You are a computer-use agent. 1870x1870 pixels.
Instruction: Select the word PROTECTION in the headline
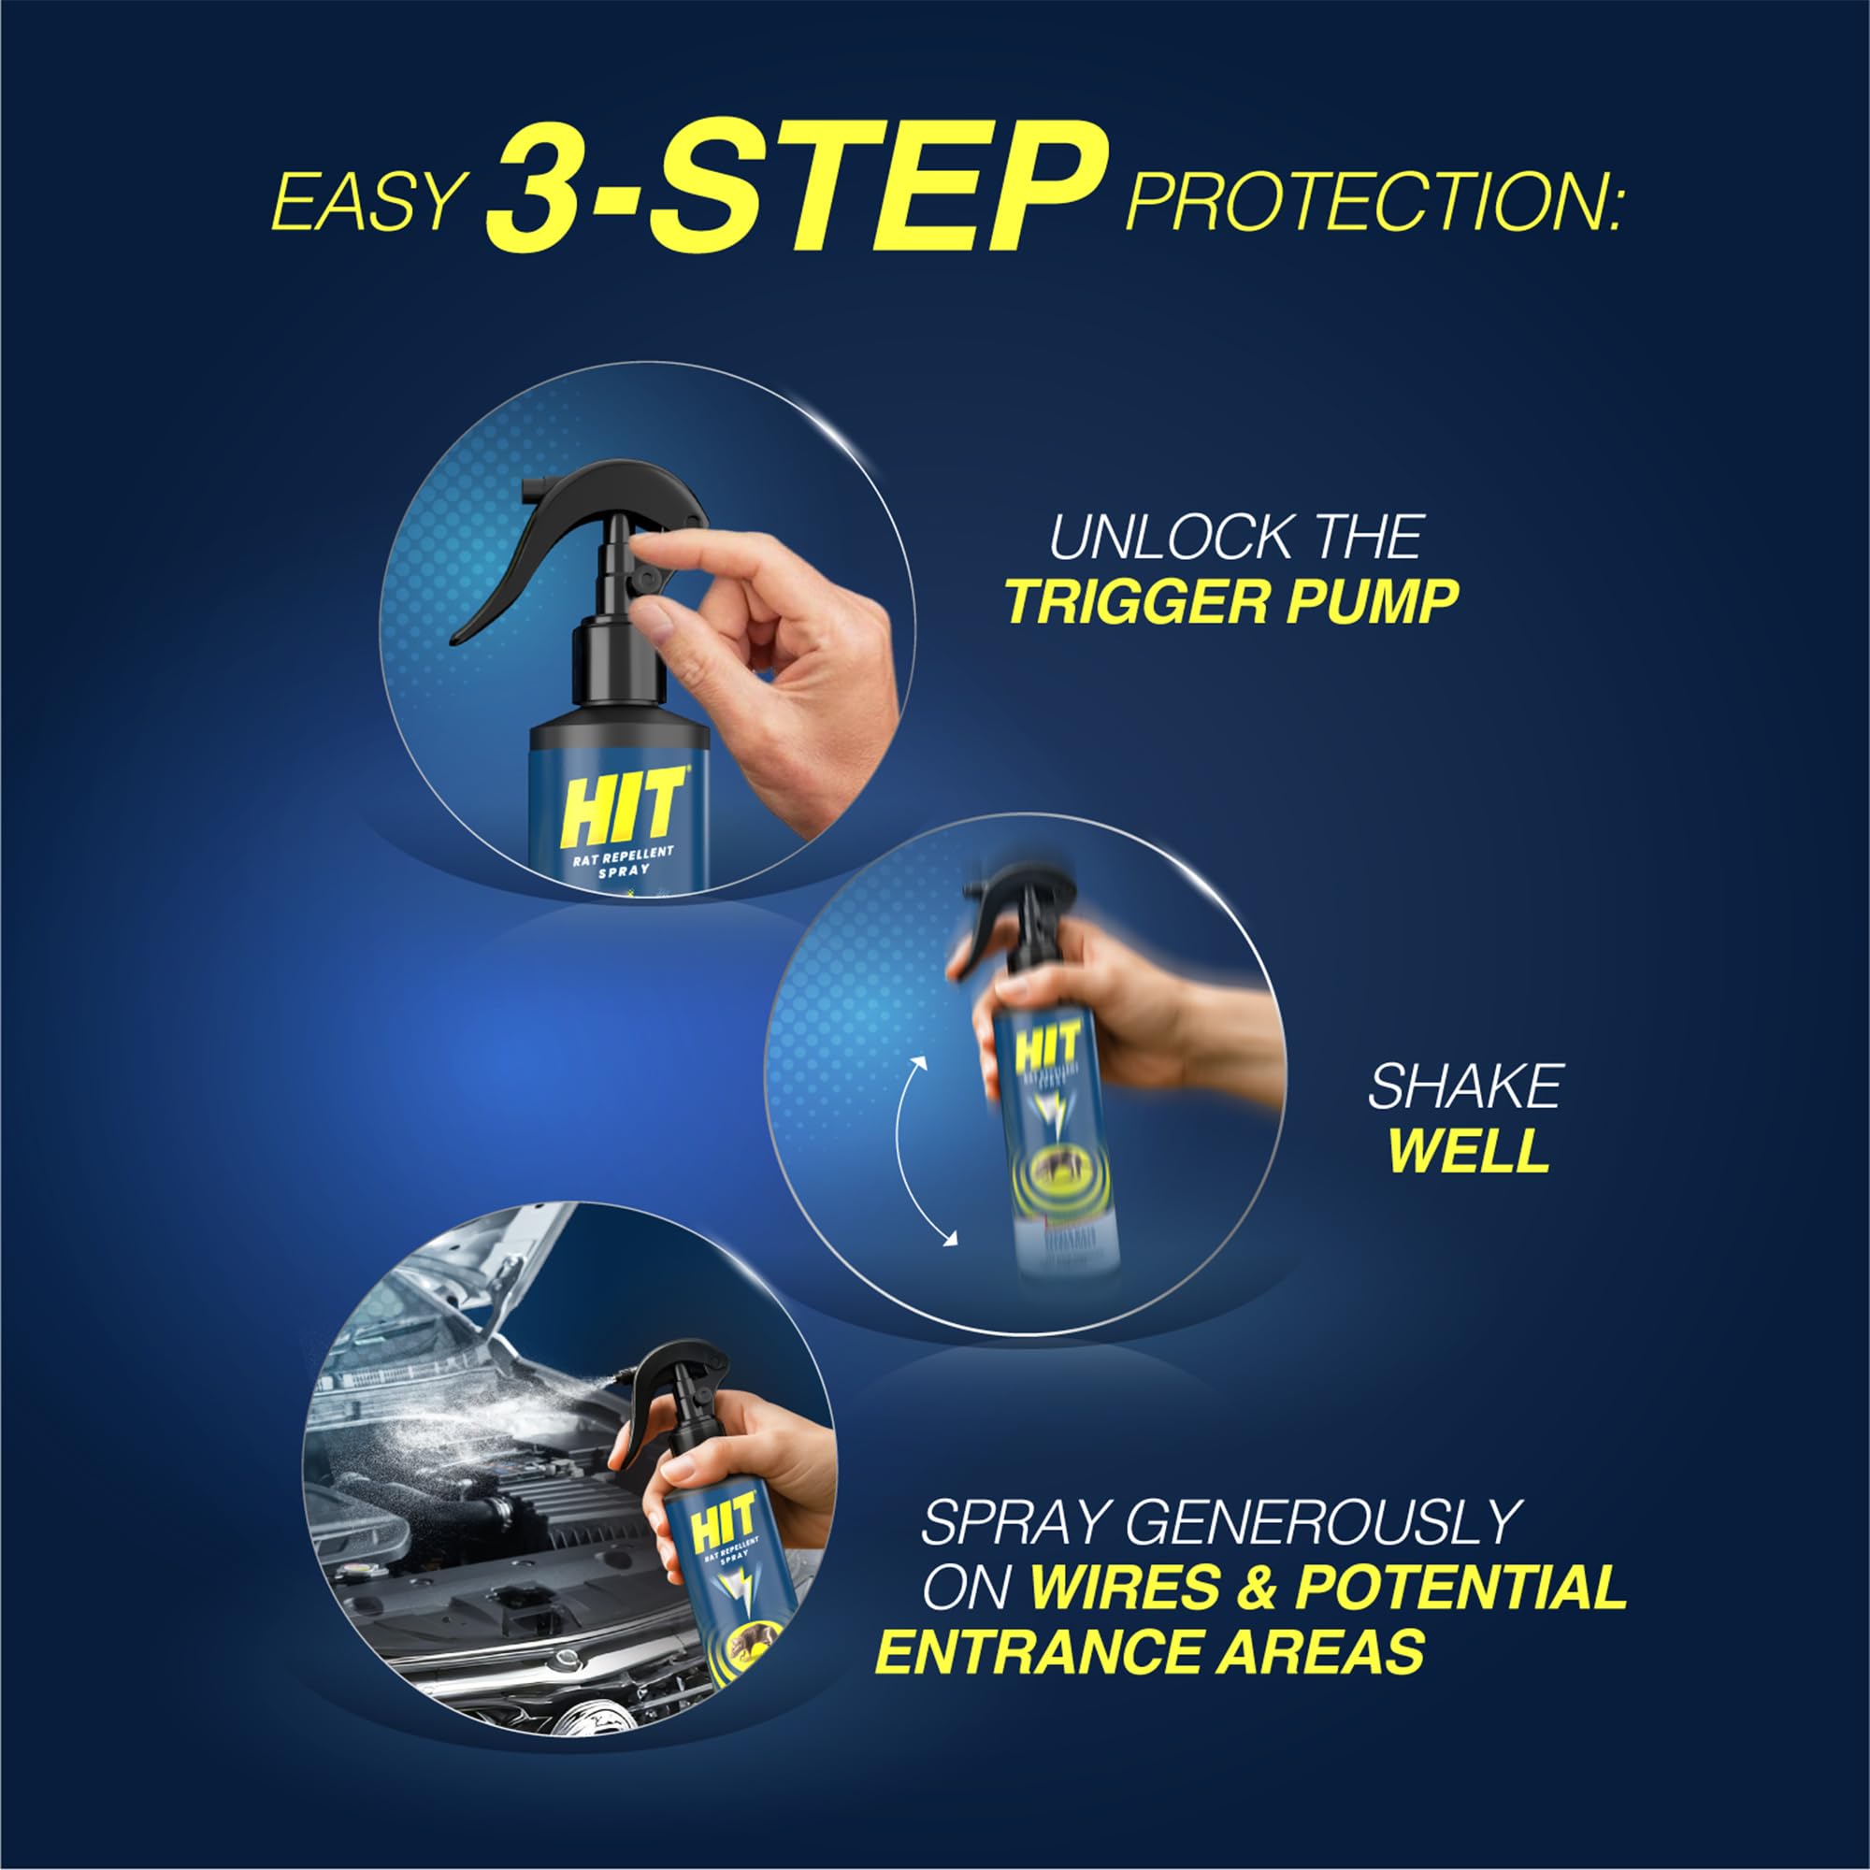point(1372,200)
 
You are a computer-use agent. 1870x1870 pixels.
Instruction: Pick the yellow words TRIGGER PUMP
point(1230,602)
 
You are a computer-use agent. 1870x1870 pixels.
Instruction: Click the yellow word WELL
point(1468,1150)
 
